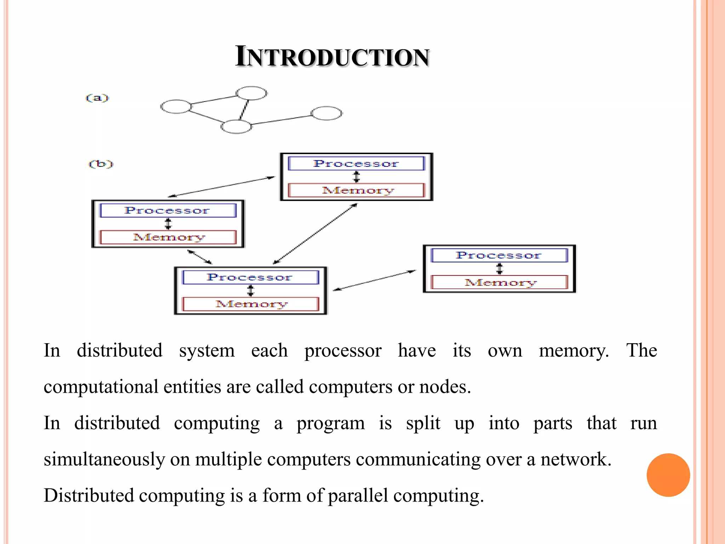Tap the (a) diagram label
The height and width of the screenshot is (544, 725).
[97, 98]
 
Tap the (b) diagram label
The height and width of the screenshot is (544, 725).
[101, 164]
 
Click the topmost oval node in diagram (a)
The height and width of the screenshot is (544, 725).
[251, 93]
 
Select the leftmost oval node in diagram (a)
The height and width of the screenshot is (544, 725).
[176, 107]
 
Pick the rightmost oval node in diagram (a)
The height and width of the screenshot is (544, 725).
[326, 113]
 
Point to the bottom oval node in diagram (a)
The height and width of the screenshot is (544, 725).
[236, 126]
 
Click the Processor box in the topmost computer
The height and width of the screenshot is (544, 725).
[356, 164]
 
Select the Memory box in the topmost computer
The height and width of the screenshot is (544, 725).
[356, 190]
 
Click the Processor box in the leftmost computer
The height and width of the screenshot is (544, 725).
[168, 210]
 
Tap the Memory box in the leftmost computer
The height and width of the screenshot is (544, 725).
[168, 237]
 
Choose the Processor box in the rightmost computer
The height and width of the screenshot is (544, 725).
[499, 255]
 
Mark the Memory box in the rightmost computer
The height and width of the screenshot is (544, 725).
[499, 282]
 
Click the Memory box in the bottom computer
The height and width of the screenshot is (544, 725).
[251, 304]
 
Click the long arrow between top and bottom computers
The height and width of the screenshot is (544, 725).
[315, 234]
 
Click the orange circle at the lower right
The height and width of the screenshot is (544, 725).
[668, 475]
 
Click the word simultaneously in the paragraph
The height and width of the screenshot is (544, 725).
[104, 459]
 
